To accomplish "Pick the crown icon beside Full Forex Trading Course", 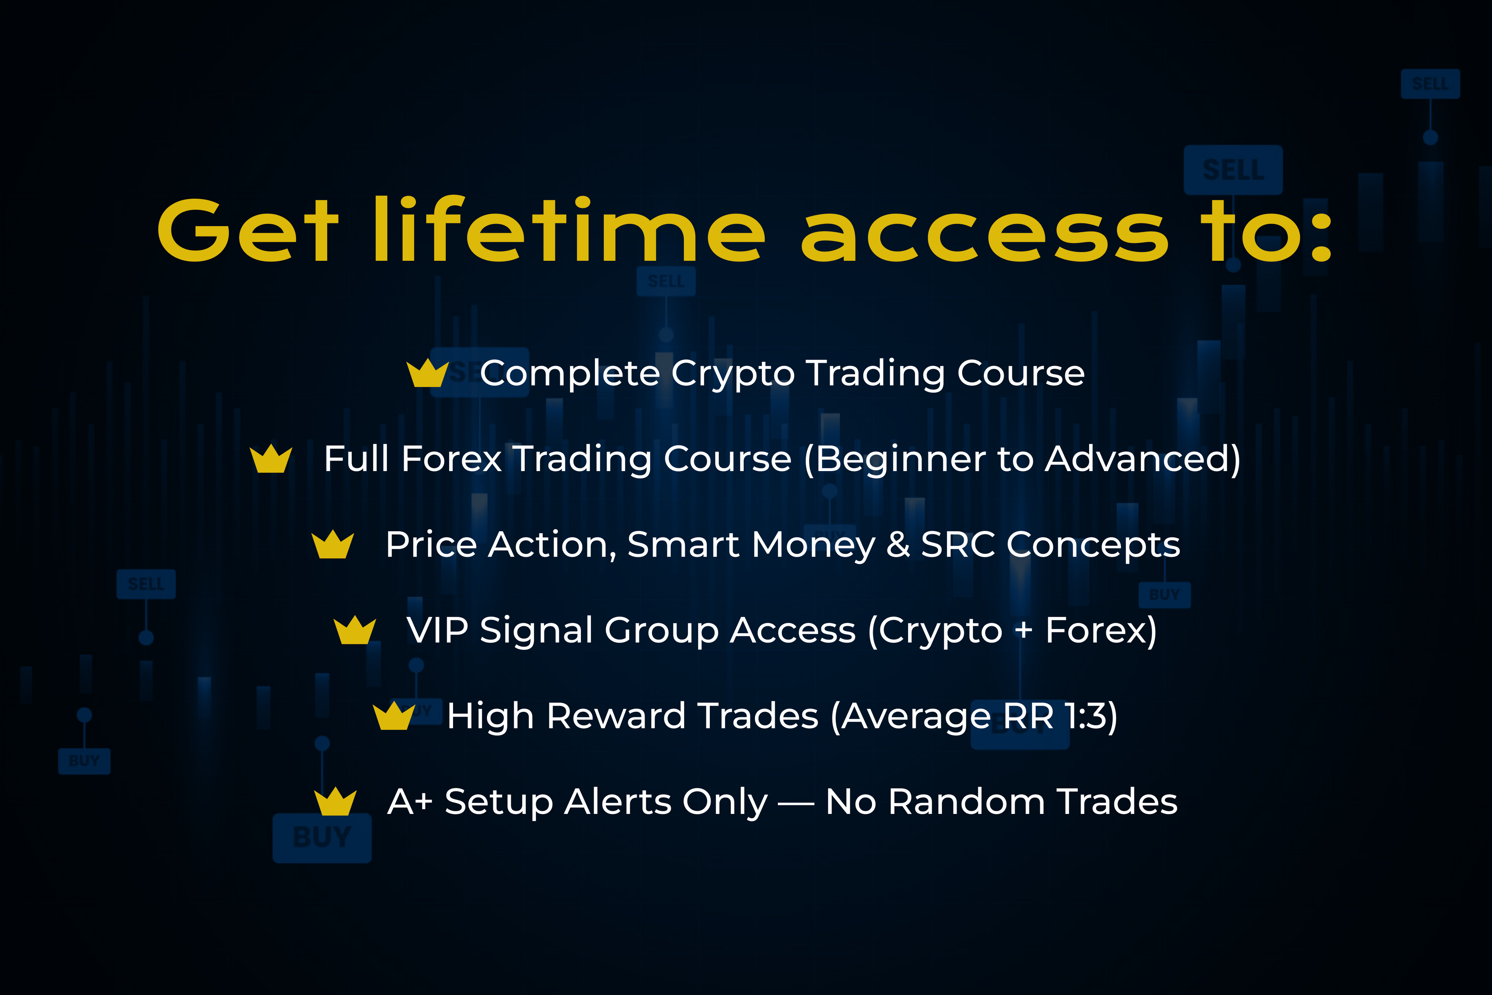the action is click(x=271, y=459).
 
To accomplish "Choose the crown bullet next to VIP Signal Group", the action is click(x=355, y=630).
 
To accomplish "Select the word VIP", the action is click(x=438, y=630).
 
